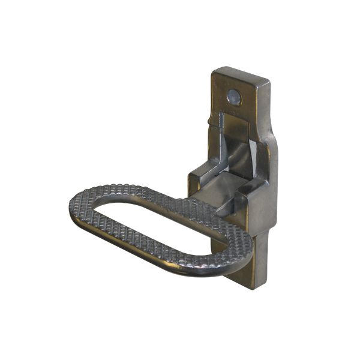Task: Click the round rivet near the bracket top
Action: click(x=234, y=96)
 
